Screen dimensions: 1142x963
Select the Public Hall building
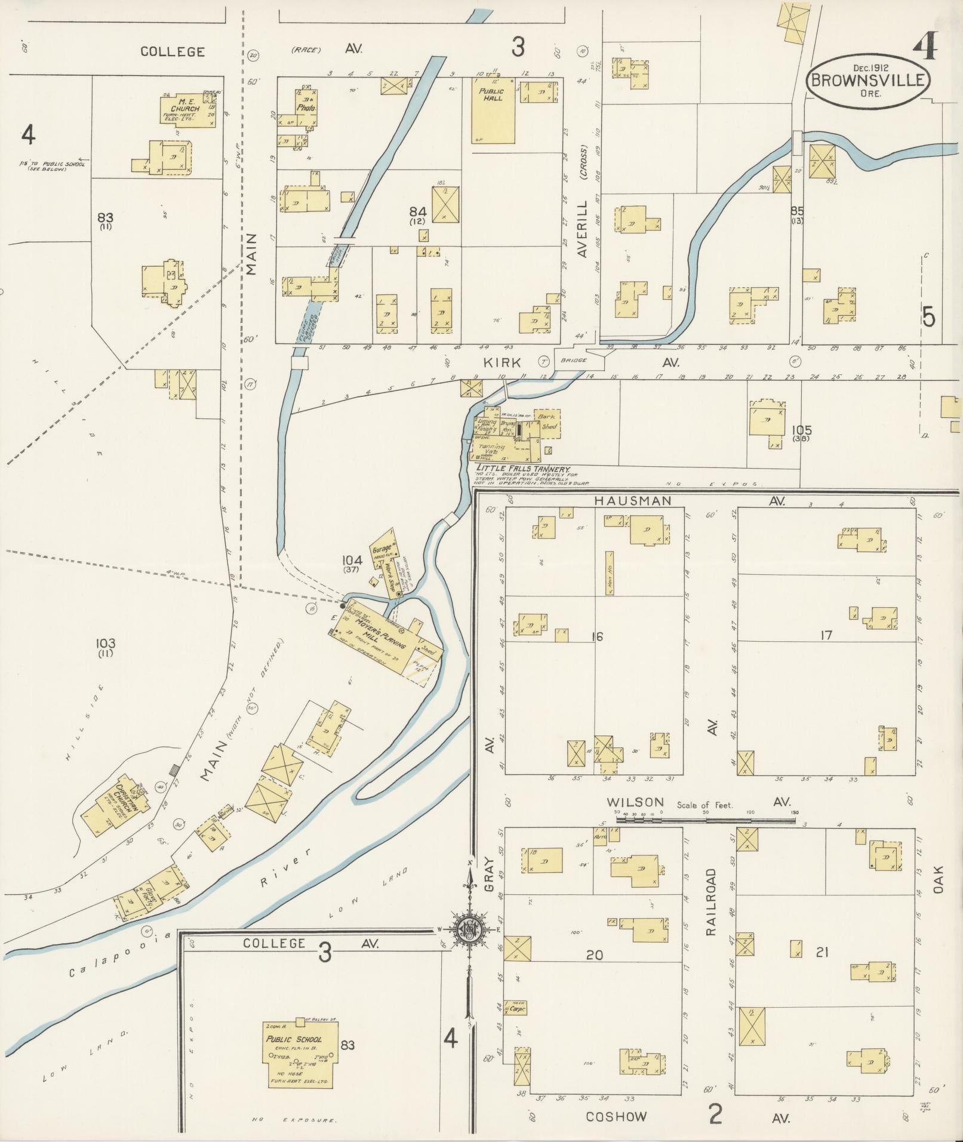pos(493,110)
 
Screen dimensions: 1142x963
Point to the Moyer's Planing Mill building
pos(382,639)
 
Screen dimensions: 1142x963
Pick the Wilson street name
pos(635,802)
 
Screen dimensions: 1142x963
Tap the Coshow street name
pos(616,1116)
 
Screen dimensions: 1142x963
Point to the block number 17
pos(826,635)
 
